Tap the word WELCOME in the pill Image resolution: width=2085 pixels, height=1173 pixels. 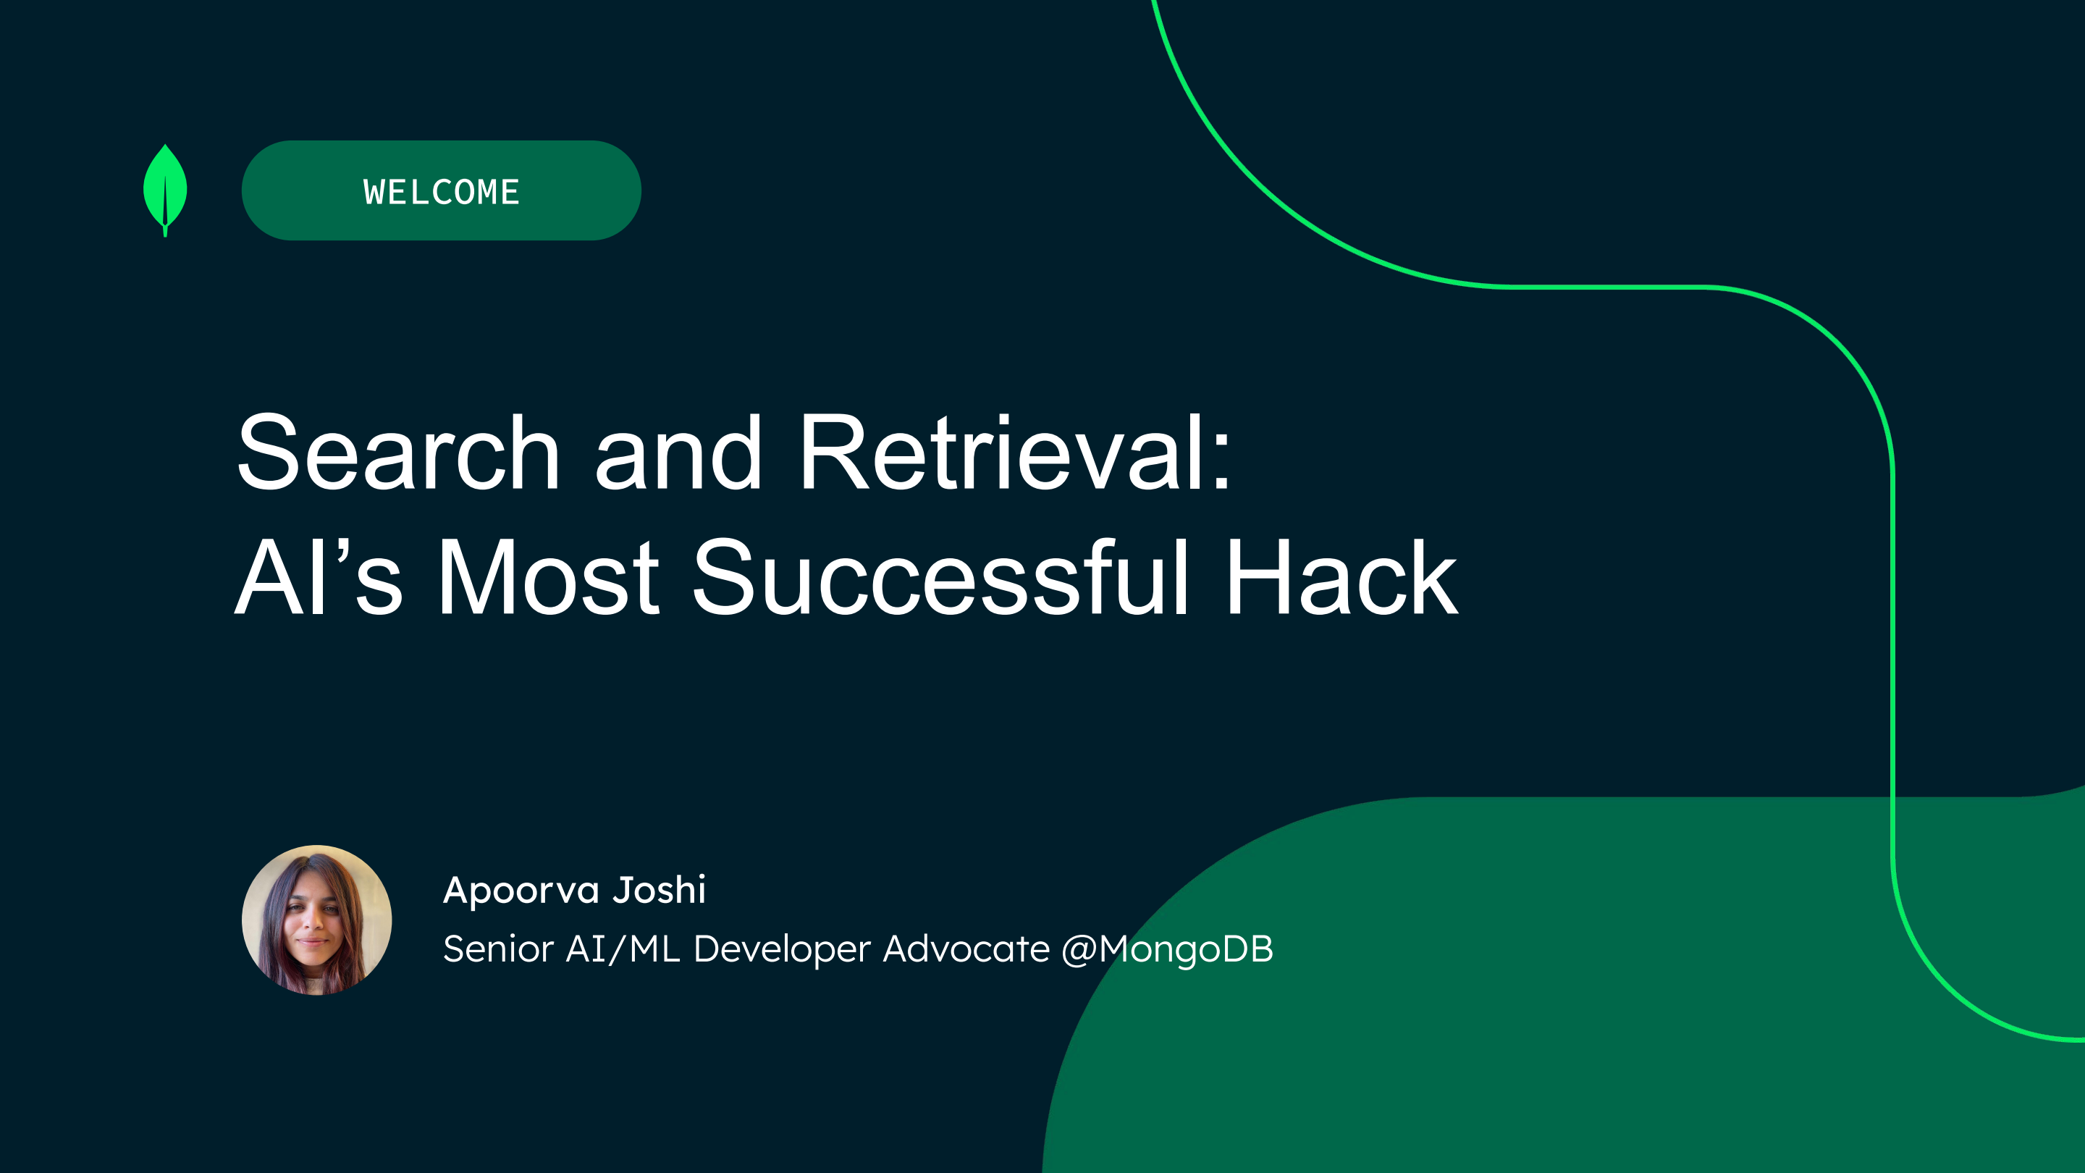[441, 193]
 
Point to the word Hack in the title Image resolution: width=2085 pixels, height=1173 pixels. [1341, 577]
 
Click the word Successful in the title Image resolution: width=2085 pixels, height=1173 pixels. [940, 577]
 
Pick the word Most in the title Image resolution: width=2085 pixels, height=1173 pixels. [548, 577]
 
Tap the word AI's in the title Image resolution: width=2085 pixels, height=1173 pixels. [319, 577]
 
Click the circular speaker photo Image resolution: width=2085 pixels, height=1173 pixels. [316, 920]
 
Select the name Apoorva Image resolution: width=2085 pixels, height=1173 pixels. [521, 891]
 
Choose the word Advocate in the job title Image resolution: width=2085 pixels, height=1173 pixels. [966, 949]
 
